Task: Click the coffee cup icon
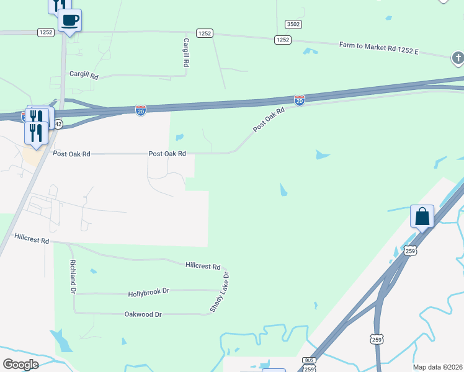coord(70,20)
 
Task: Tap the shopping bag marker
coord(422,217)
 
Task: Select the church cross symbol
coord(457,58)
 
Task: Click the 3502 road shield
coord(293,24)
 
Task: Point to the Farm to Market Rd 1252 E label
coord(379,48)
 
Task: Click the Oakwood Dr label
coord(143,314)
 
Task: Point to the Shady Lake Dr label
coord(220,291)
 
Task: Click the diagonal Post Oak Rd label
coord(269,120)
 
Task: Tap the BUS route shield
coord(310,360)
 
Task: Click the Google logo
coord(20,364)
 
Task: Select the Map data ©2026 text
coord(437,367)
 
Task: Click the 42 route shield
coord(58,124)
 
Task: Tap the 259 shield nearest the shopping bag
coord(409,250)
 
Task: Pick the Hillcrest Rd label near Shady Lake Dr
coord(203,266)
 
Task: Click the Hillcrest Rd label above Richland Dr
coord(32,238)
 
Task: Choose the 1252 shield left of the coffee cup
coord(45,32)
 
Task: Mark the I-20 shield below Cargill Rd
coord(141,110)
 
